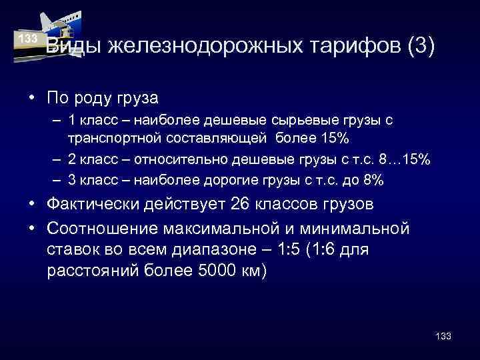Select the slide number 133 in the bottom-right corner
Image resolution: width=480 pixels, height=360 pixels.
coord(443,336)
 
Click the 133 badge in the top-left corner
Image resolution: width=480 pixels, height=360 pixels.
coord(28,39)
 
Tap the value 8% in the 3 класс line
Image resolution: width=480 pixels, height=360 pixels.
coord(373,181)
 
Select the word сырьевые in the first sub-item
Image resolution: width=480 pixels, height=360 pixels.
coord(299,120)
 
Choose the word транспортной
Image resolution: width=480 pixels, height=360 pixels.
coord(114,139)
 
